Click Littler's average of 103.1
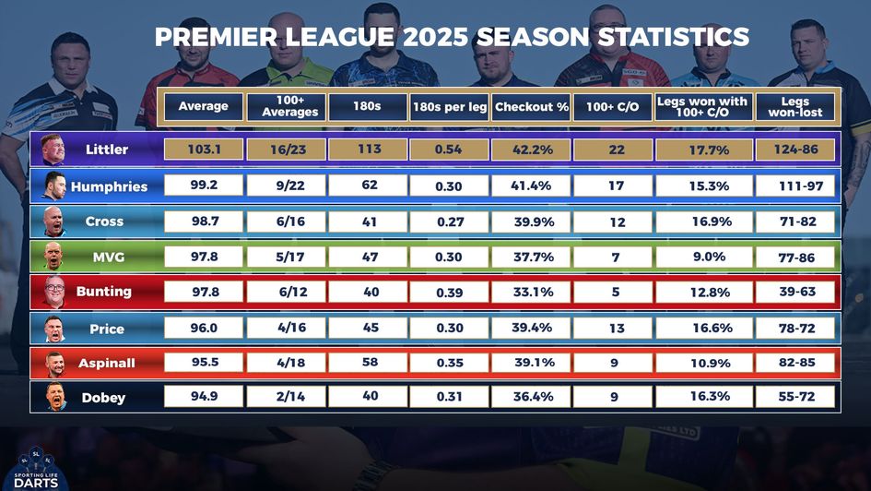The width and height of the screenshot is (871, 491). pos(204,150)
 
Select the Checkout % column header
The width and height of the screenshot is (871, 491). pos(531,107)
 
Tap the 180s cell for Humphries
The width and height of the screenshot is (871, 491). pos(369,186)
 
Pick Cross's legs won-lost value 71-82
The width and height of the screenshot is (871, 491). pos(795,222)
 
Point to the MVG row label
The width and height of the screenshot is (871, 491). pos(108,257)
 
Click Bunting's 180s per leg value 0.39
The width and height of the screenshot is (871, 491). pos(449,293)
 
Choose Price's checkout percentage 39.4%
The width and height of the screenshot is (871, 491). pos(531,328)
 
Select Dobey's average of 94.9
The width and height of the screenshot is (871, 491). pos(204,397)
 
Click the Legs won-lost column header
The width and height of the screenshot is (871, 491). pos(795,107)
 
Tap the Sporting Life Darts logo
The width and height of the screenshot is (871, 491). pos(36,466)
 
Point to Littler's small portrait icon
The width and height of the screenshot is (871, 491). pos(53,150)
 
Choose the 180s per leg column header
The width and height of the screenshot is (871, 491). pos(449,107)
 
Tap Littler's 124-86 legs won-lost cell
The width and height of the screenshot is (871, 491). pos(795,150)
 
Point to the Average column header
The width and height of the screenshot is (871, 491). pos(204,107)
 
